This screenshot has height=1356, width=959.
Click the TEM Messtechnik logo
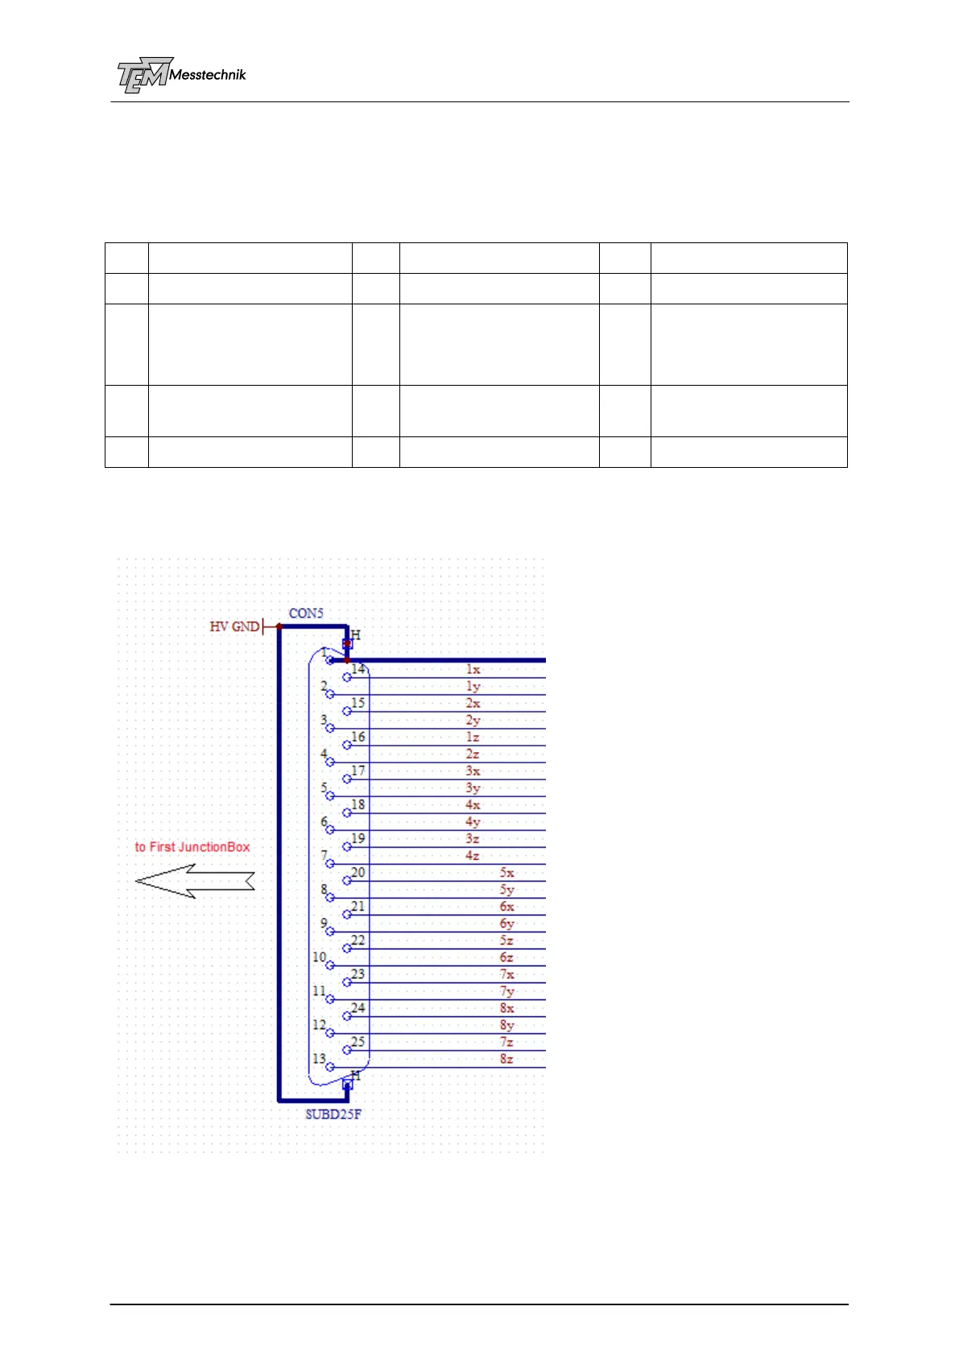pos(181,76)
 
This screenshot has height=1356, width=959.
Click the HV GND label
pos(234,626)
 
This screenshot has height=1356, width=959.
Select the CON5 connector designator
pos(306,614)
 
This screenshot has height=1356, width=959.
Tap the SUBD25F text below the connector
pos(333,1114)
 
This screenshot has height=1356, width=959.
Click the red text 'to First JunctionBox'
pos(192,847)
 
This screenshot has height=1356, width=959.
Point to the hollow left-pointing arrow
pos(195,881)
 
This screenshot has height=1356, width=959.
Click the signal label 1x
pos(473,669)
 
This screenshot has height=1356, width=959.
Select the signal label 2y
pos(473,721)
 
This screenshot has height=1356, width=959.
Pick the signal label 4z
pos(473,856)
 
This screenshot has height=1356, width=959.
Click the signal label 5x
pos(506,873)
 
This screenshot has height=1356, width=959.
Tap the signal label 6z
pos(506,957)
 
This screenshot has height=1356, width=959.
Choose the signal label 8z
pos(506,1059)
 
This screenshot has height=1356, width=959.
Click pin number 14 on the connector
pos(358,668)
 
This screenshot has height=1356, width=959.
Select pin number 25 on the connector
pos(358,1042)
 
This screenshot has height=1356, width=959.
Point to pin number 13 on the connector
pos(319,1059)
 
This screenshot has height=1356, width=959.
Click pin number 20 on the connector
pos(358,872)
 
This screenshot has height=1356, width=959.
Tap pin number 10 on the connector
pos(319,957)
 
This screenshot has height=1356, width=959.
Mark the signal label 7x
pos(506,974)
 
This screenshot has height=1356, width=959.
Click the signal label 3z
pos(473,839)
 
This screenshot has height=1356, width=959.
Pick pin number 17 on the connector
pos(358,771)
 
